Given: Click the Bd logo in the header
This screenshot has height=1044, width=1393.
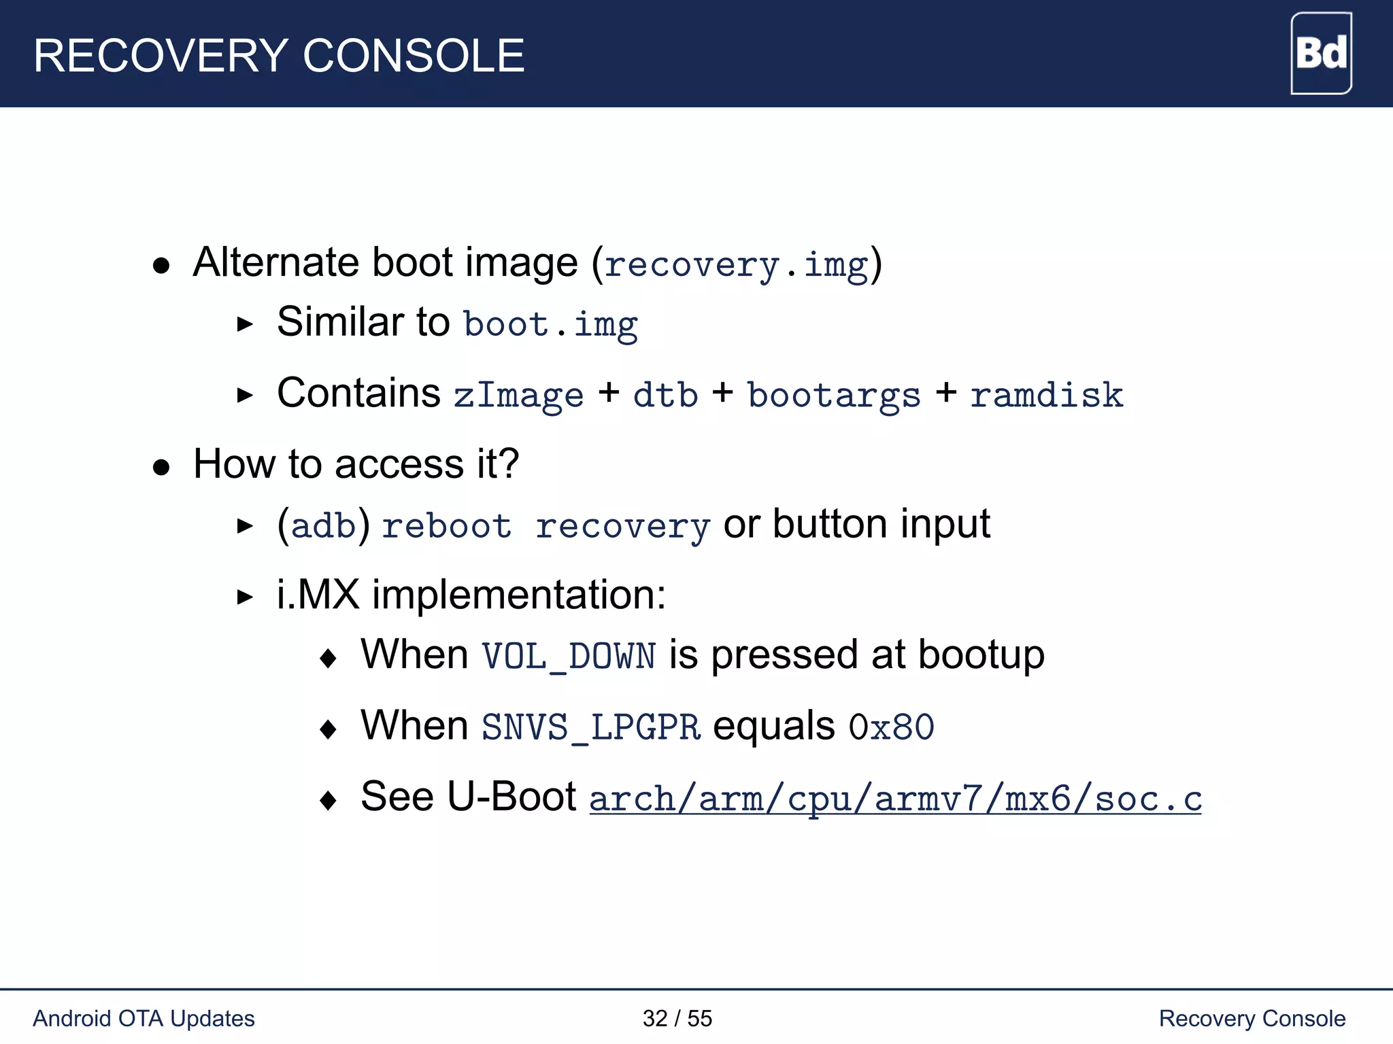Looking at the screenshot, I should click(1320, 53).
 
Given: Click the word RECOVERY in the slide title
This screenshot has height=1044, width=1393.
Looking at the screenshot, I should click(161, 56).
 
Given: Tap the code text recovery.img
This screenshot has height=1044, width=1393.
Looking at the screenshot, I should click(736, 264).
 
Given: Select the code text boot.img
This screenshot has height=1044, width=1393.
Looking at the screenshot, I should click(550, 324).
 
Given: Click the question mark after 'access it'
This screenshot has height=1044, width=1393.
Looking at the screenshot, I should click(508, 464).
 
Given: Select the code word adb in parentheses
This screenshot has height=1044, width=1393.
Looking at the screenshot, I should click(324, 526).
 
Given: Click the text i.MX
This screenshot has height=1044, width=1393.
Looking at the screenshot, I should click(318, 595).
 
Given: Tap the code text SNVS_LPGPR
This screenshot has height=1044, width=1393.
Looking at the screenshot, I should click(590, 727).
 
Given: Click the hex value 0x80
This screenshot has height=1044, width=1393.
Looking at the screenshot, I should click(891, 727).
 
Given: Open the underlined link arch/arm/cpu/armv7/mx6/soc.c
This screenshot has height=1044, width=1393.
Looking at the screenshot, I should click(895, 799).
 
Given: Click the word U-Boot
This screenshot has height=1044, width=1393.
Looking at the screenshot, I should click(511, 797).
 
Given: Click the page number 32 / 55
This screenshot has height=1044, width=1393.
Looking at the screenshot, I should click(677, 1018).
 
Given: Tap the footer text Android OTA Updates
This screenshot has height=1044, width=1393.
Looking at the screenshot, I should click(144, 1018).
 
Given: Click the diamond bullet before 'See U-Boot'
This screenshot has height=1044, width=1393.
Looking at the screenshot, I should click(329, 800).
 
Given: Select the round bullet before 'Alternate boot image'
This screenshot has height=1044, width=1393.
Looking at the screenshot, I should click(161, 266).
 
